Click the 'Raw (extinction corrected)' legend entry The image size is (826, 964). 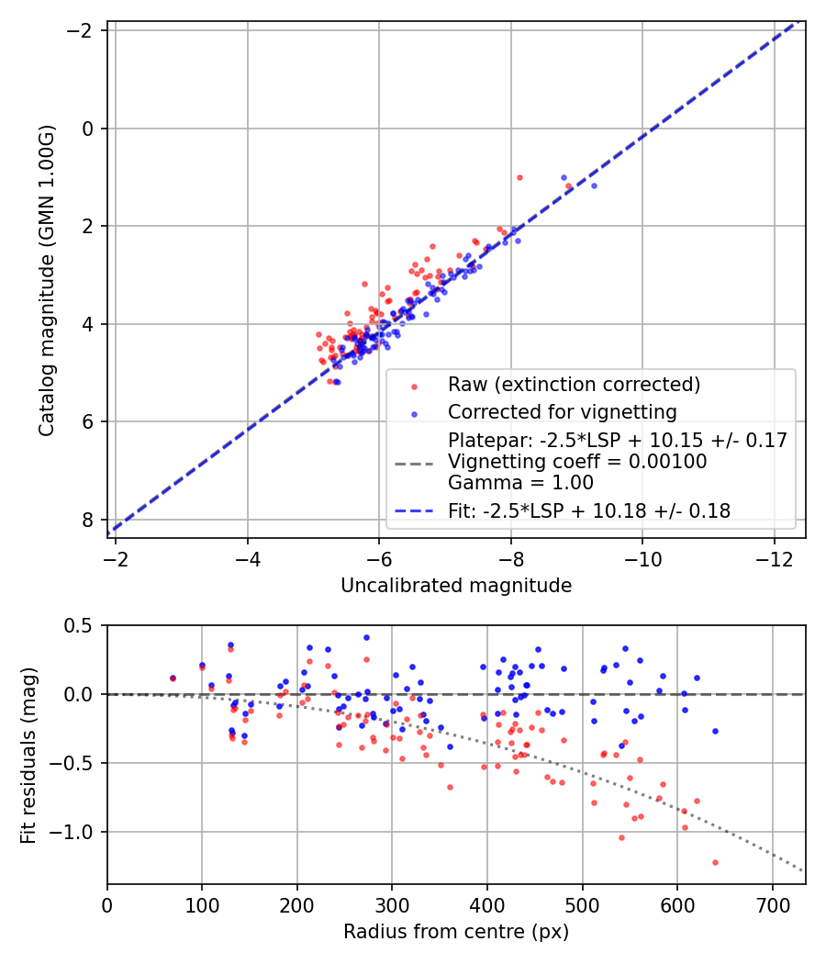tap(574, 384)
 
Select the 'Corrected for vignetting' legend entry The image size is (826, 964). tap(562, 411)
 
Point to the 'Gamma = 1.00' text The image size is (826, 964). tap(520, 483)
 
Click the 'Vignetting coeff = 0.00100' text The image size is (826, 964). tap(577, 462)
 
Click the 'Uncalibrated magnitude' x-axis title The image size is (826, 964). tap(456, 586)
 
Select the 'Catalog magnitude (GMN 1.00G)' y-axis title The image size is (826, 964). tap(48, 279)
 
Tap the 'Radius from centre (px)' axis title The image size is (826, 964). tap(456, 932)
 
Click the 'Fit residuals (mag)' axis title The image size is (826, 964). tap(28, 755)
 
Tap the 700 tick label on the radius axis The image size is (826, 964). tap(772, 903)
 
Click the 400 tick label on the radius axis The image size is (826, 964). tap(487, 903)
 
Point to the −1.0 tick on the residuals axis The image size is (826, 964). tap(75, 832)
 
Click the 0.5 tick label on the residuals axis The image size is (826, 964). tap(81, 625)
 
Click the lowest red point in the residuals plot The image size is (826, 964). tap(715, 862)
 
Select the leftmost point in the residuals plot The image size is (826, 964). tap(173, 678)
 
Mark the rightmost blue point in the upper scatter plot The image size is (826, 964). tap(594, 185)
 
